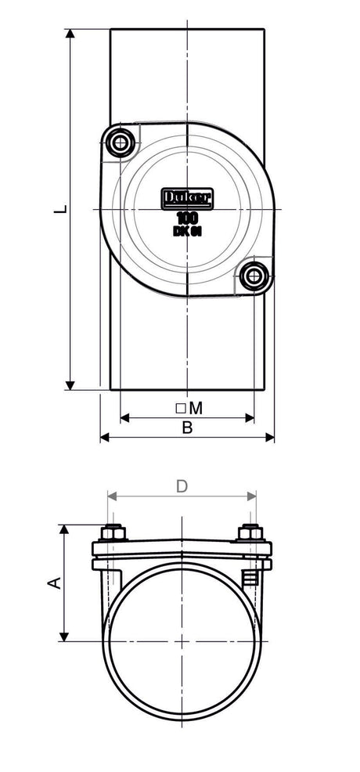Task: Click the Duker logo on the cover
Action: [x=187, y=198]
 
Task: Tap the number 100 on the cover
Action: [x=187, y=218]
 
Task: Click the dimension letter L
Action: [x=60, y=209]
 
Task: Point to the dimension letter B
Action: [x=187, y=427]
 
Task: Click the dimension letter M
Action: [x=196, y=408]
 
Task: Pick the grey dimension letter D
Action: [x=182, y=486]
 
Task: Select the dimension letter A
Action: [x=54, y=583]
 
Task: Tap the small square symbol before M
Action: [x=181, y=408]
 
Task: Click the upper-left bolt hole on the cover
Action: [x=120, y=143]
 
